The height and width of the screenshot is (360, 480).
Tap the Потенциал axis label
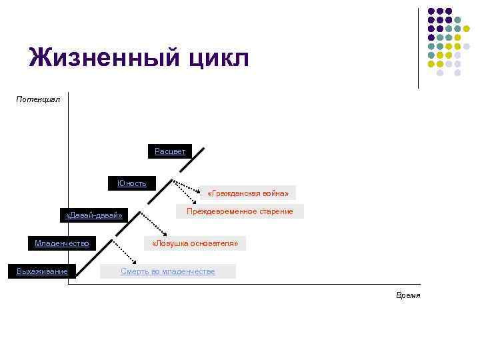(x=38, y=99)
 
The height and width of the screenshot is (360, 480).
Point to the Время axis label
(x=408, y=295)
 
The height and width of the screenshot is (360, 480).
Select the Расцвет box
(x=170, y=151)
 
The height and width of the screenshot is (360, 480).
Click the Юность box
(x=132, y=183)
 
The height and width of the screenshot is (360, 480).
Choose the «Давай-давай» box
(x=94, y=215)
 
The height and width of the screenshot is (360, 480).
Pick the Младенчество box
(x=62, y=243)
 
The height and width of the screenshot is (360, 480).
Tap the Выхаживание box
(x=42, y=271)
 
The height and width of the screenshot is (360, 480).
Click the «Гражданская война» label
(x=248, y=193)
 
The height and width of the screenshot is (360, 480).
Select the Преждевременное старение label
(x=240, y=211)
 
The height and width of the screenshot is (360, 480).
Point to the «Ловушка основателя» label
(x=195, y=243)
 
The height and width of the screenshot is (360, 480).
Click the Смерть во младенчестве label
(x=168, y=271)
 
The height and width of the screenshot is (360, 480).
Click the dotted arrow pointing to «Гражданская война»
(x=186, y=189)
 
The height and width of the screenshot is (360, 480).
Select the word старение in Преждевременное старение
(x=277, y=211)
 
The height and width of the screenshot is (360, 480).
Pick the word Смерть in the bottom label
(x=134, y=271)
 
